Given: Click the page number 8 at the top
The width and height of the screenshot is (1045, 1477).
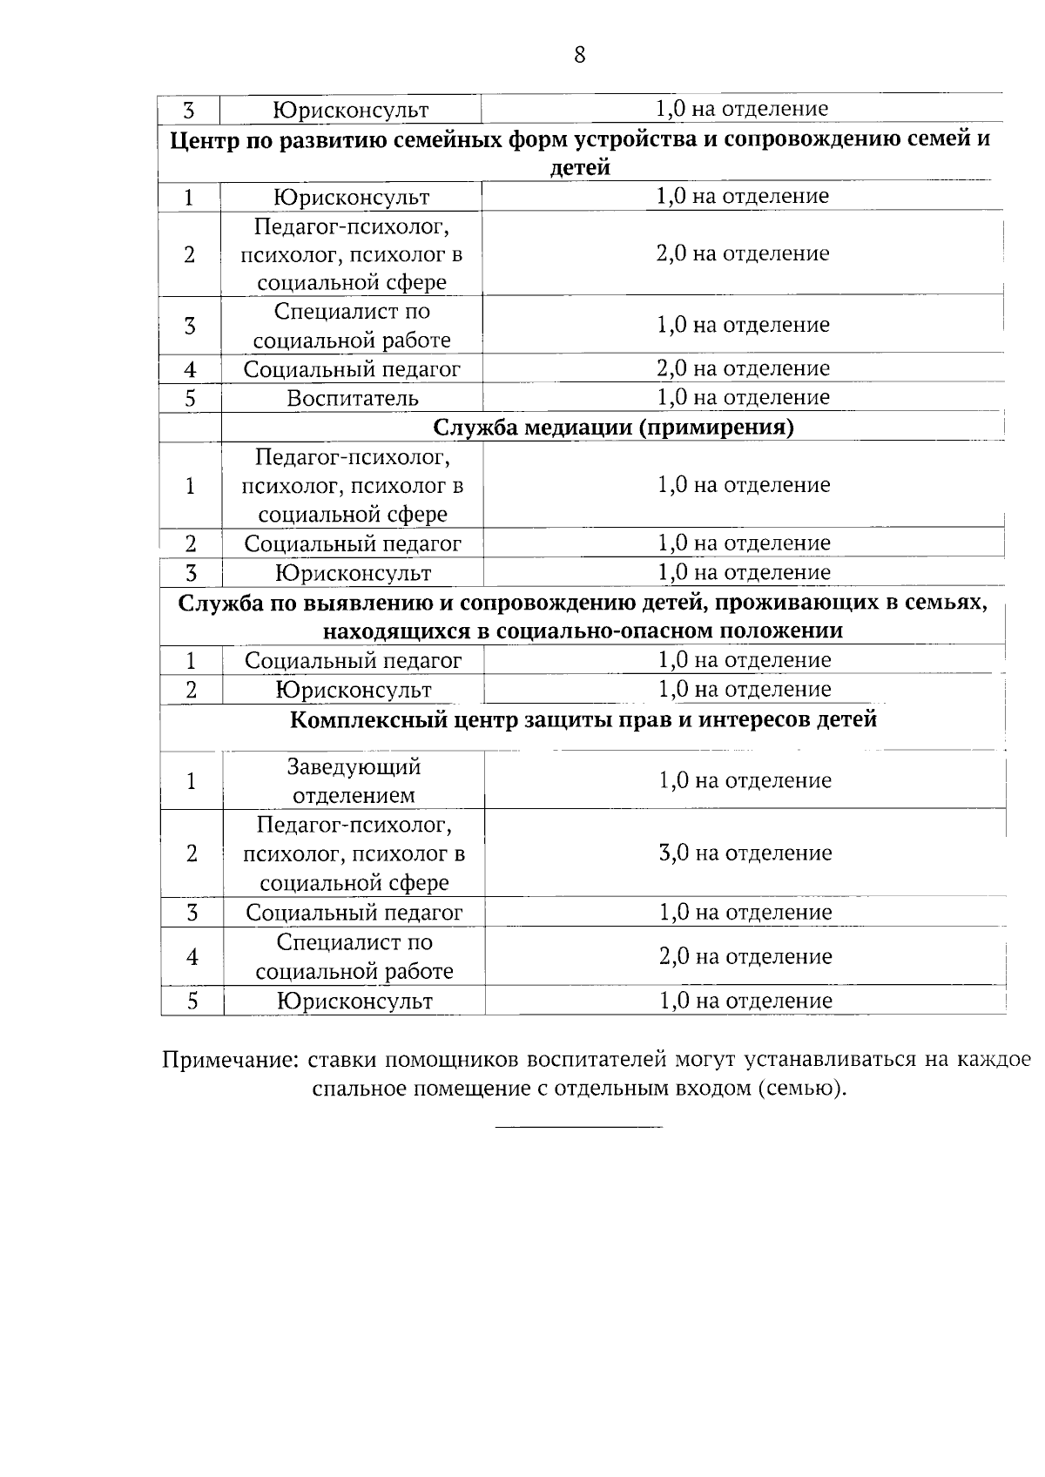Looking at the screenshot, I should (x=580, y=56).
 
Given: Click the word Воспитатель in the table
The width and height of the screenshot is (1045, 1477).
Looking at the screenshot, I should (x=353, y=399).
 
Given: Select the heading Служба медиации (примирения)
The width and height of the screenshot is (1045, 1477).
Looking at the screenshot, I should (x=613, y=428).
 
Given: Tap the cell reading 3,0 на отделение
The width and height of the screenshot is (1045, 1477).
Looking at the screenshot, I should (x=745, y=853).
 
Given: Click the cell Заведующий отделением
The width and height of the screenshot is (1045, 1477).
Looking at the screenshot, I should (x=354, y=781).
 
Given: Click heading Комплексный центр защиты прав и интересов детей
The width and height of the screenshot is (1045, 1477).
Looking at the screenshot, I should (x=583, y=720).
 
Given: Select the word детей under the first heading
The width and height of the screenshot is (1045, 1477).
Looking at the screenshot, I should (x=580, y=168).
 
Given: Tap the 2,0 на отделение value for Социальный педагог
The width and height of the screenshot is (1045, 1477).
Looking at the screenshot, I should (x=743, y=368).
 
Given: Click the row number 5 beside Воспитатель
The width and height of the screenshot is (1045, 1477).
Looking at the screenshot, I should (x=190, y=399).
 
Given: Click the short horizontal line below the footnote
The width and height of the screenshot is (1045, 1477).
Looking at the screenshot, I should (x=578, y=1129).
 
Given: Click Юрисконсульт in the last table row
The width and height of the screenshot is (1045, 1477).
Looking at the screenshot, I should (x=354, y=1002).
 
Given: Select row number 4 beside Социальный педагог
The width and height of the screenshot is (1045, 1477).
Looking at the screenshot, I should (x=190, y=369).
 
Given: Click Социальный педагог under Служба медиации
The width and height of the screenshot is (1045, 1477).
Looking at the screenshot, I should (x=353, y=544).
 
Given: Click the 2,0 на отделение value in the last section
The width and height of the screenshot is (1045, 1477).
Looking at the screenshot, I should (x=745, y=957).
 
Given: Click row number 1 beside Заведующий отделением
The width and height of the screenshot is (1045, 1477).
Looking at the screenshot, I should (x=192, y=781).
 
